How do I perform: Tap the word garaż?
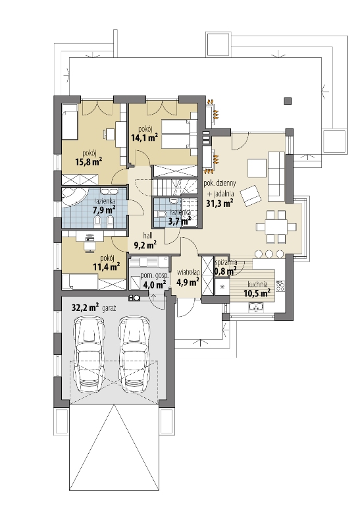[x=109, y=308]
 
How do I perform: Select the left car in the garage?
[x=89, y=354]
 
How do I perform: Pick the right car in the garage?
[x=134, y=354]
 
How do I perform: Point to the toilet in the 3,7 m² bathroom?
[x=161, y=214]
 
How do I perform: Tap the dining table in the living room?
[x=276, y=227]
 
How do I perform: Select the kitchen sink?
[x=256, y=306]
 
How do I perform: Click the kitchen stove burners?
[x=280, y=285]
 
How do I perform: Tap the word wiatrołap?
[x=188, y=272]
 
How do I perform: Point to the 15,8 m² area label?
[x=89, y=161]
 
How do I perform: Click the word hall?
[x=148, y=235]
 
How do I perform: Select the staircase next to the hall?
[x=174, y=186]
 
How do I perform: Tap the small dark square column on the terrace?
[x=288, y=101]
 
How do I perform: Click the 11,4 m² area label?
[x=107, y=267]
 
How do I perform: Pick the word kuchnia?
[x=257, y=285]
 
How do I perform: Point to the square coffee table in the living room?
[x=257, y=168]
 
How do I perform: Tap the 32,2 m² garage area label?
[x=86, y=308]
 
